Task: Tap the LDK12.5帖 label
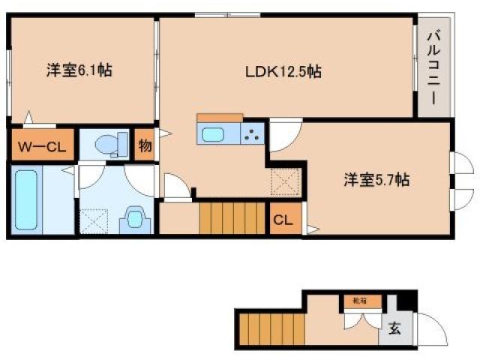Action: pos(283,72)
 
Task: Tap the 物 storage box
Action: pos(145,145)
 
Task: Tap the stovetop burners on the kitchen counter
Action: pos(252,135)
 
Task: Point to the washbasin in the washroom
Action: pos(136,218)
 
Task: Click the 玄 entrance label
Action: pos(394,328)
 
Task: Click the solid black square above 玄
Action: pos(405,301)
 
